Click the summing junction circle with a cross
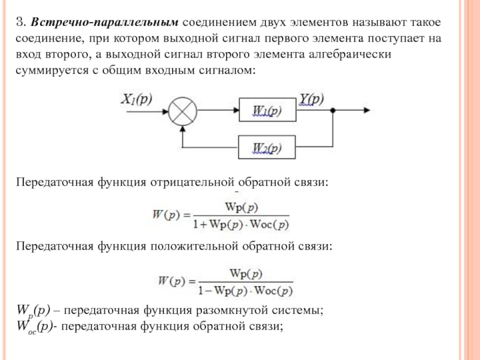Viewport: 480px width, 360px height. pyautogui.click(x=182, y=110)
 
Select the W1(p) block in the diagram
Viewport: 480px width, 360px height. pyautogui.click(x=267, y=111)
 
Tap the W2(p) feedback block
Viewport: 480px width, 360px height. pyautogui.click(x=267, y=148)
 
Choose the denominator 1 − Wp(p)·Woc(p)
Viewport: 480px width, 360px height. pyautogui.click(x=245, y=291)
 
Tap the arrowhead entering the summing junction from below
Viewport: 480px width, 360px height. pyautogui.click(x=182, y=128)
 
